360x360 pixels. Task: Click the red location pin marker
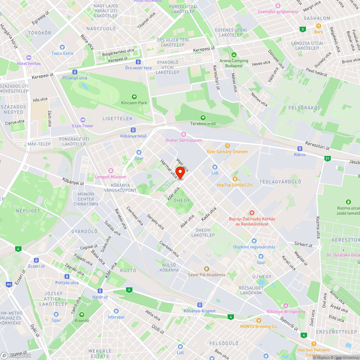pos(180,172)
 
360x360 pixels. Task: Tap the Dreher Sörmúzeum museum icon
pos(183,134)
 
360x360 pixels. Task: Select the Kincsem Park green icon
pos(134,96)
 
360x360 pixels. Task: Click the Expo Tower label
pos(83,126)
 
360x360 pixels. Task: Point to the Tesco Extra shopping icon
pos(62,47)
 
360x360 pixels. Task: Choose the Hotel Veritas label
pos(29,63)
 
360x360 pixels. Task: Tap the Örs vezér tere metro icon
pos(138,62)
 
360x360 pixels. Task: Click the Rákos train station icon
pos(300,148)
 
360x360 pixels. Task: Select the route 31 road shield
pos(327,158)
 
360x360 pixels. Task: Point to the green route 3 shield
pos(303,29)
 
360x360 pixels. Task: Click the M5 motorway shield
pos(9,285)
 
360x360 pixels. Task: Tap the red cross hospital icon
pos(252,213)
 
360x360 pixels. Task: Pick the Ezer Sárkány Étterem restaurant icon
pos(228,146)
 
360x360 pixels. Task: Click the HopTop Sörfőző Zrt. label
pos(235,185)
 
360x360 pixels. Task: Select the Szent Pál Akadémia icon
pos(206,269)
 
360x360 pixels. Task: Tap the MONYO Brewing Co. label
pos(259,326)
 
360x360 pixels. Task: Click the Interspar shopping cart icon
pos(116,311)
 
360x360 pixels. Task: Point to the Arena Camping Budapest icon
pos(234,55)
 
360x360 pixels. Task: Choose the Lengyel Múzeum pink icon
pos(111,171)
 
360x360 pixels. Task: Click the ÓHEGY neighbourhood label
pos(181,201)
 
